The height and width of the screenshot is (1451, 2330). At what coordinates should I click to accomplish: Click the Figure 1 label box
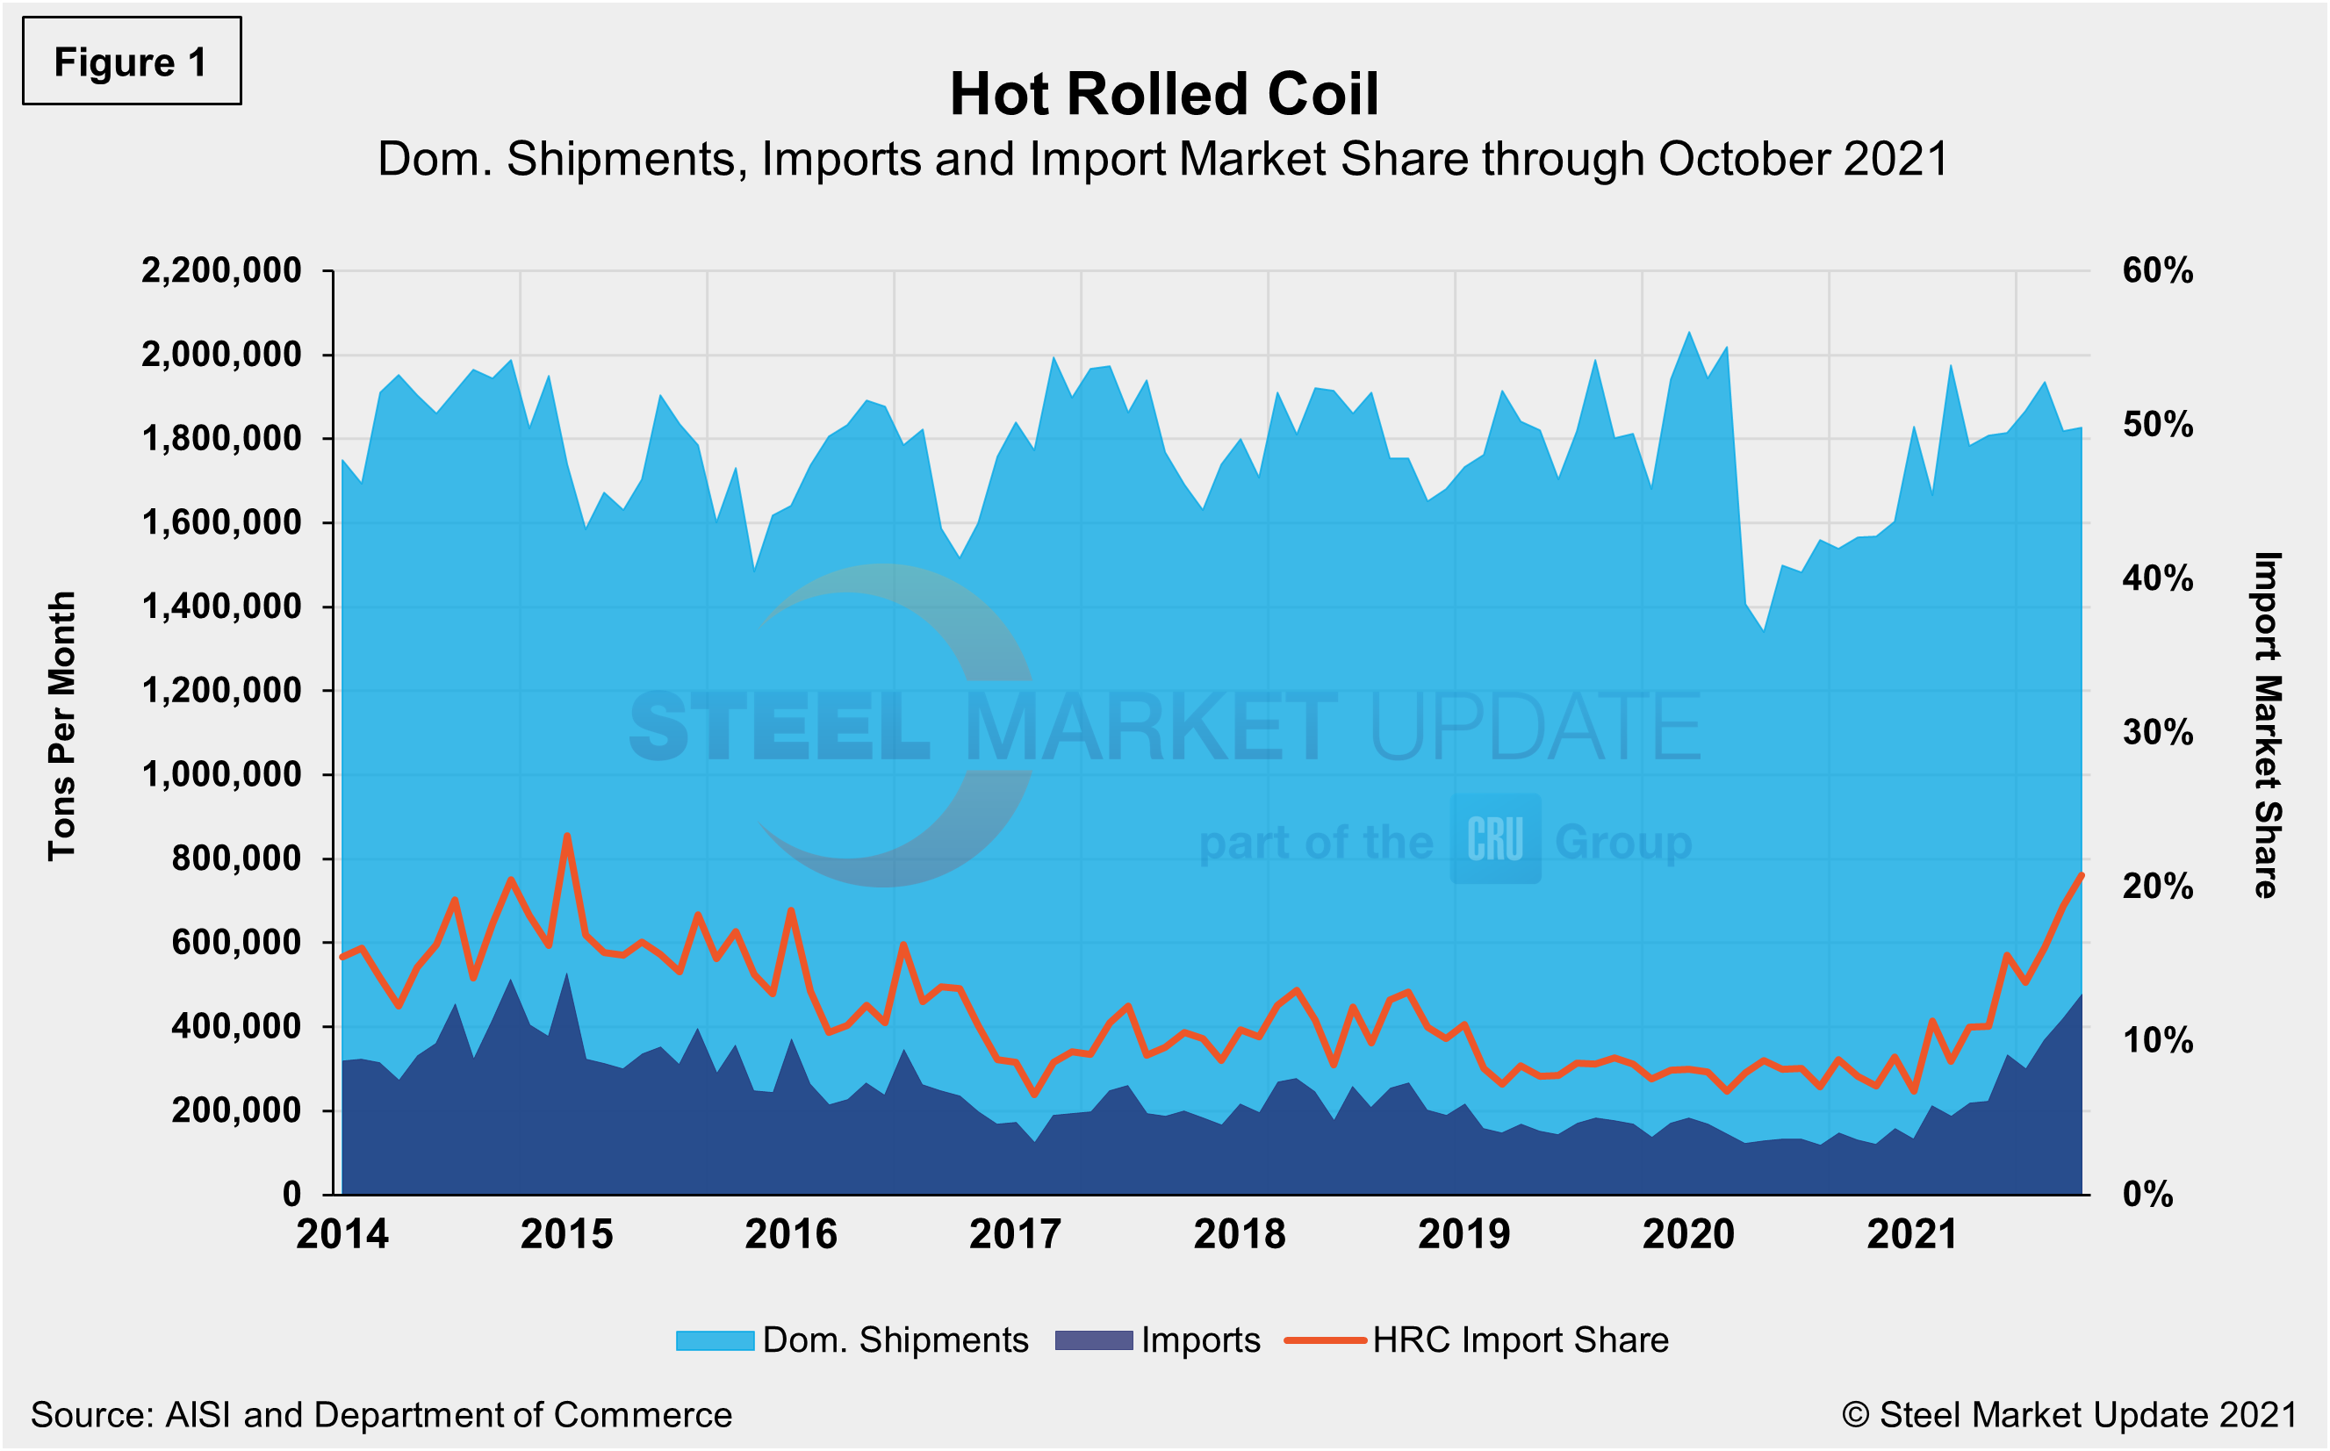click(x=132, y=61)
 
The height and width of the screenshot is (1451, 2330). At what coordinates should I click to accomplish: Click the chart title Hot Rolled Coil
click(x=1163, y=94)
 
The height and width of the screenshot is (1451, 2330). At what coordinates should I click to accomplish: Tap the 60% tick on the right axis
click(x=2157, y=270)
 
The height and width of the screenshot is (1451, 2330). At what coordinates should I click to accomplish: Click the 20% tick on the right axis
click(x=2157, y=887)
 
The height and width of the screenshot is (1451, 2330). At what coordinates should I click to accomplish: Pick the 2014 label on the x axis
click(x=342, y=1234)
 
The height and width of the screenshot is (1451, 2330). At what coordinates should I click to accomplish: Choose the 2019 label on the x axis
click(x=1463, y=1234)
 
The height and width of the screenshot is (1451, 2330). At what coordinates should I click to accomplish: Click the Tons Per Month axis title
click(x=61, y=725)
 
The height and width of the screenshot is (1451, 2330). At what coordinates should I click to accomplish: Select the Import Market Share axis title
click(x=2267, y=725)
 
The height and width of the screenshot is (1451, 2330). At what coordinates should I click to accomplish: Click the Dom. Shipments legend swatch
click(x=714, y=1340)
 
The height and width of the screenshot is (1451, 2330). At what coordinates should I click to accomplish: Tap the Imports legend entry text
click(x=1199, y=1340)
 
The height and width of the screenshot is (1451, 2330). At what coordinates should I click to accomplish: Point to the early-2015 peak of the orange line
click(x=567, y=836)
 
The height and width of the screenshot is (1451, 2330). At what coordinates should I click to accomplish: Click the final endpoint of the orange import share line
click(x=2081, y=875)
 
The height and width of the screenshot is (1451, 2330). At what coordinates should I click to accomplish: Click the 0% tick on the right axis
click(x=2147, y=1195)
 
